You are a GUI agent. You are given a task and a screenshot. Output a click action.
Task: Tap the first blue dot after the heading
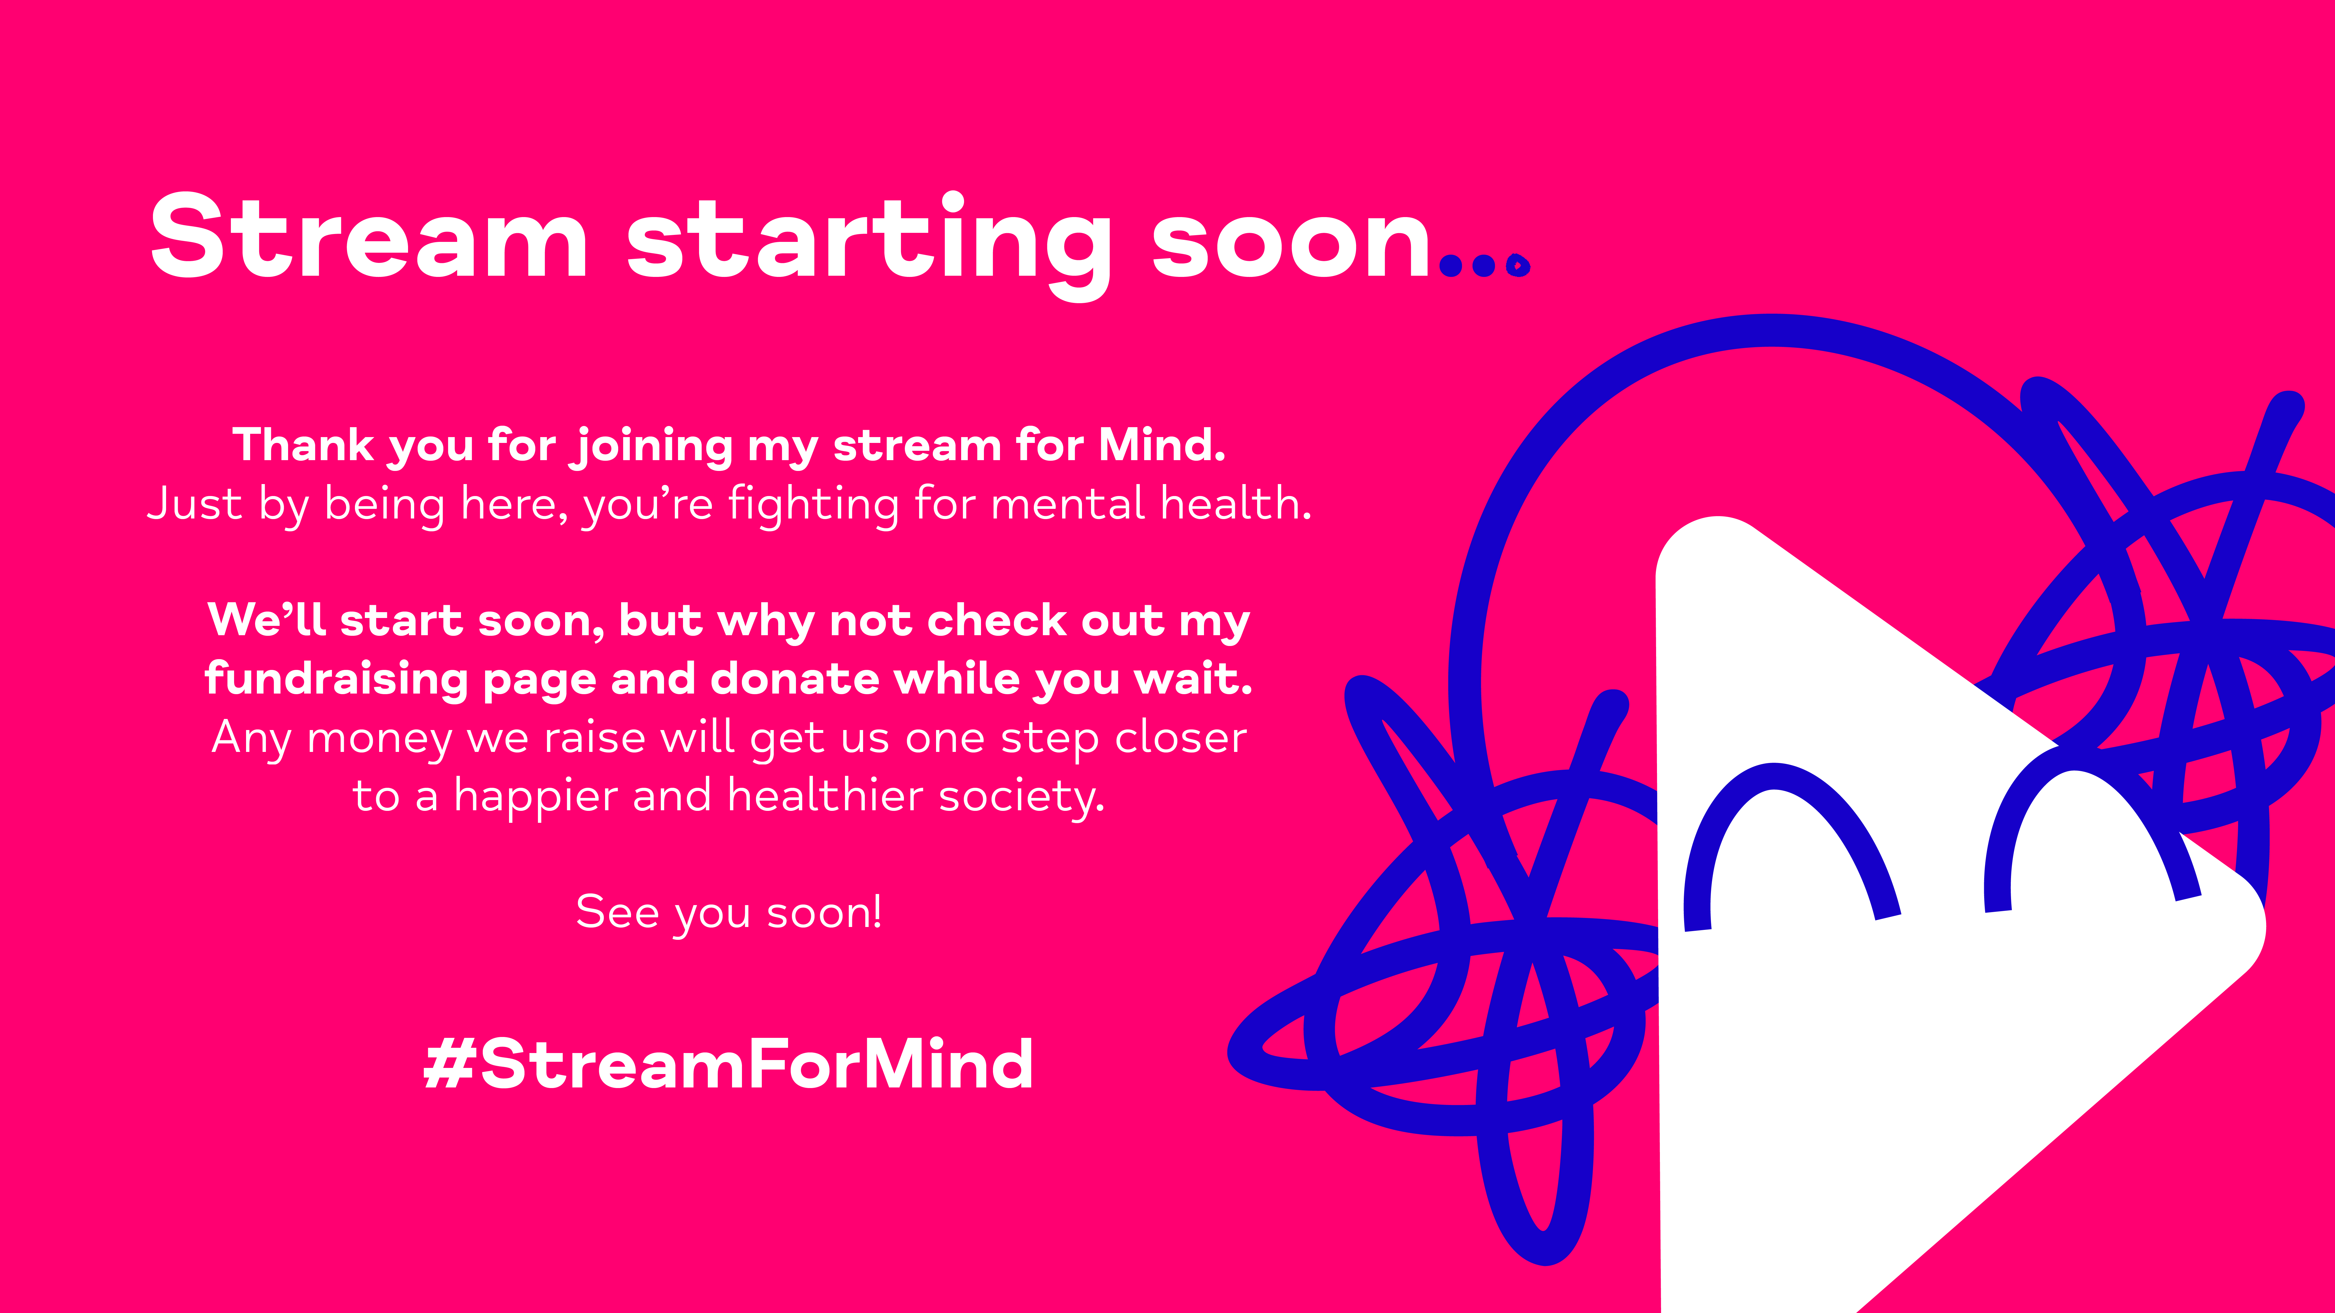tap(1451, 266)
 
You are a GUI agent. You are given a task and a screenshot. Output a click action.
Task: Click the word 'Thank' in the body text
tap(303, 445)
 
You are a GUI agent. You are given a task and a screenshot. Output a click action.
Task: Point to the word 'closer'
tap(1181, 737)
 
